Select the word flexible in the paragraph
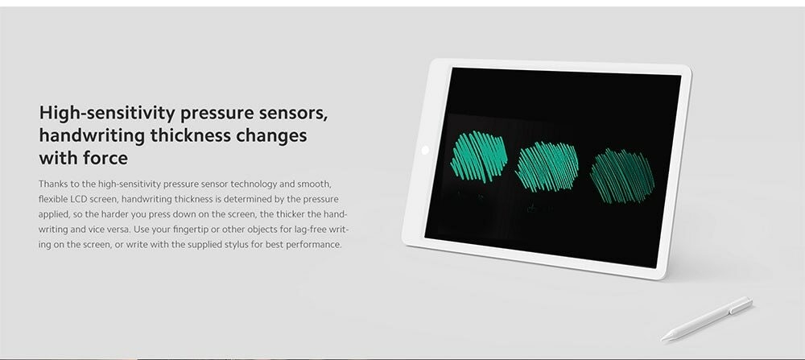[x=50, y=199]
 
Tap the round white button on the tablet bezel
[x=424, y=150]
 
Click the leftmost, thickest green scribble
[x=478, y=156]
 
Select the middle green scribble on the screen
[x=547, y=167]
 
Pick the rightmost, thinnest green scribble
[x=622, y=176]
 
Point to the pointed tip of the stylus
[x=662, y=339]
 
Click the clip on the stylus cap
[x=739, y=307]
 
